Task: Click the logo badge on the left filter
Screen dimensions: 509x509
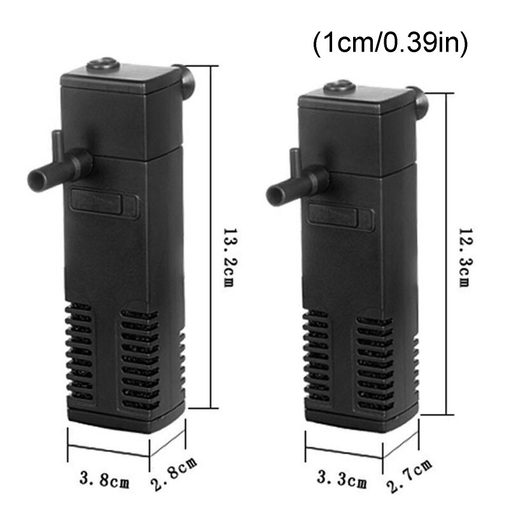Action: (x=106, y=203)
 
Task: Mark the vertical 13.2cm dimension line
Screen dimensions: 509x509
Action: (x=211, y=235)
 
